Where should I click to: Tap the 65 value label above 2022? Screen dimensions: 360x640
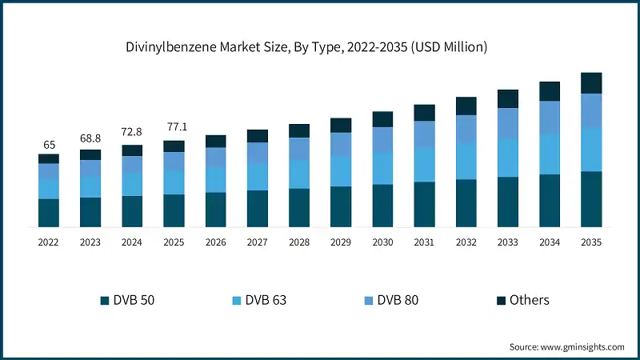pyautogui.click(x=49, y=145)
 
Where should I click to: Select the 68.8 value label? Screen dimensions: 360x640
pyautogui.click(x=90, y=139)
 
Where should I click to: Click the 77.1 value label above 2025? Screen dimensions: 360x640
pyautogui.click(x=174, y=127)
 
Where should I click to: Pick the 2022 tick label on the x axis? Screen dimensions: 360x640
pyautogui.click(x=49, y=241)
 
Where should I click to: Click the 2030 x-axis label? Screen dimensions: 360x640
pyautogui.click(x=382, y=241)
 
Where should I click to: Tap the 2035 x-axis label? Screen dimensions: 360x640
pyautogui.click(x=591, y=241)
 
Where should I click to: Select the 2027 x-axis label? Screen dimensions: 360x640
pyautogui.click(x=258, y=241)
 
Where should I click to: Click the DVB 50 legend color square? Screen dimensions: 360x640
pyautogui.click(x=104, y=301)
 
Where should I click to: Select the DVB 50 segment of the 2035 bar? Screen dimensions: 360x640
pyautogui.click(x=591, y=199)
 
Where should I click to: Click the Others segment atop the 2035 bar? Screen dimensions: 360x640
pyautogui.click(x=591, y=83)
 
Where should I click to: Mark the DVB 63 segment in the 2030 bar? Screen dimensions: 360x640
pyautogui.click(x=382, y=168)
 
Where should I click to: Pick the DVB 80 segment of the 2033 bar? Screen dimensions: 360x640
pyautogui.click(x=508, y=122)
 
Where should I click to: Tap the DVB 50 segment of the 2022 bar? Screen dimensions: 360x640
pyautogui.click(x=49, y=213)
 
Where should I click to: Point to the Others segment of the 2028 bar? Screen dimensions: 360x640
pyautogui.click(x=299, y=130)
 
